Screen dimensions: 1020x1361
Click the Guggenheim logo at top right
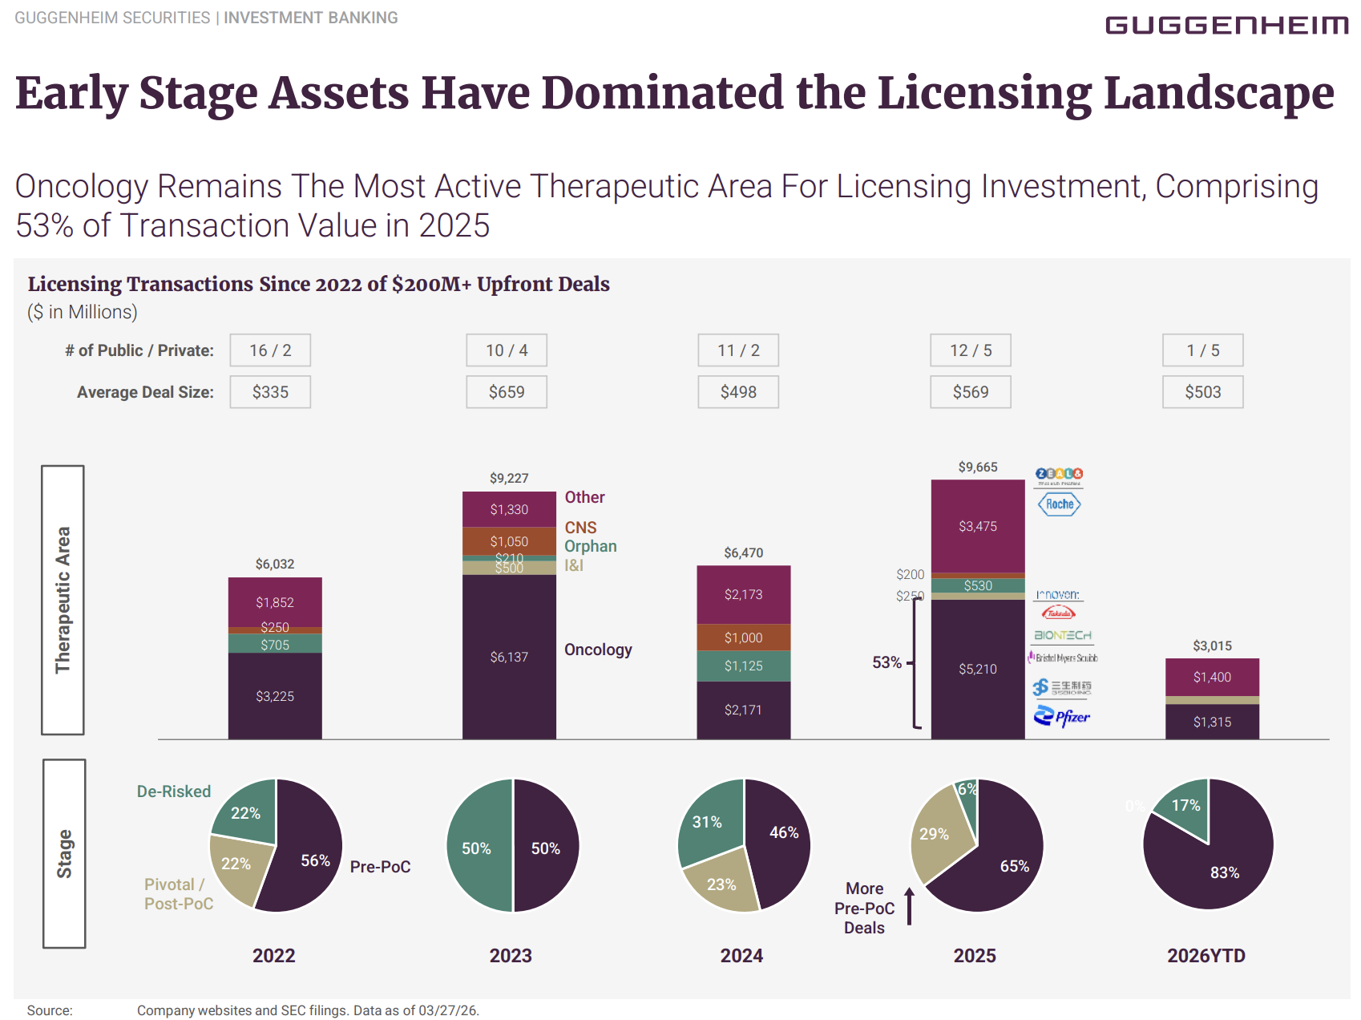pyautogui.click(x=1226, y=26)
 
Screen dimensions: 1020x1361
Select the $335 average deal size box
pyautogui.click(x=270, y=392)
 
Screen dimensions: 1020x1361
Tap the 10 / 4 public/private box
pyautogui.click(x=507, y=350)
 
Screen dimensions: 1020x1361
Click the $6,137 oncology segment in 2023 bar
pyautogui.click(x=509, y=657)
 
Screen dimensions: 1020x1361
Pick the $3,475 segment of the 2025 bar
pyautogui.click(x=978, y=526)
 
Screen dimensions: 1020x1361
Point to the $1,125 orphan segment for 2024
pyautogui.click(x=743, y=666)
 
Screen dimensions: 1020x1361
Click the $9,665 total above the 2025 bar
pyautogui.click(x=978, y=467)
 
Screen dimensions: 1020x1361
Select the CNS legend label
pyautogui.click(x=580, y=528)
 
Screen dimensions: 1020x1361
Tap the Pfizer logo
pyautogui.click(x=1062, y=716)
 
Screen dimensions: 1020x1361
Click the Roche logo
pyautogui.click(x=1060, y=504)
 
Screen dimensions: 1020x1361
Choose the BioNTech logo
pyautogui.click(x=1063, y=635)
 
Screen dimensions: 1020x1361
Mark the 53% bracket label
pyautogui.click(x=886, y=662)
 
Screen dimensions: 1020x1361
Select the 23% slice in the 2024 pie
pyautogui.click(x=721, y=884)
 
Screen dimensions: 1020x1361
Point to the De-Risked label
pyautogui.click(x=173, y=791)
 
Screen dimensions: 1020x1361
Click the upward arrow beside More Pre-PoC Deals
pyautogui.click(x=909, y=906)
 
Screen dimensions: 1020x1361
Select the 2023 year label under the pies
pyautogui.click(x=511, y=956)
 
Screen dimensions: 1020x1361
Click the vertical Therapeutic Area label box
pyautogui.click(x=63, y=600)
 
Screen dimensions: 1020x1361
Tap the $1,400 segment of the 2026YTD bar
pyautogui.click(x=1212, y=677)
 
